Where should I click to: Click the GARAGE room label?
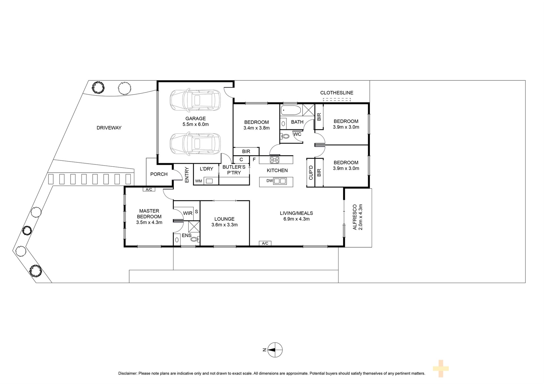tap(195, 119)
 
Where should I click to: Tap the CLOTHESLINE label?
tap(337, 93)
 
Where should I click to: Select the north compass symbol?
tap(275, 350)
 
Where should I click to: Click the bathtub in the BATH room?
tap(291, 110)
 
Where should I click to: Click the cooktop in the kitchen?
tap(275, 160)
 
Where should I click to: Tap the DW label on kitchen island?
tap(269, 181)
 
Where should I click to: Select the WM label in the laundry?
tap(199, 181)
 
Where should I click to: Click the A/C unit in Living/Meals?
tap(265, 243)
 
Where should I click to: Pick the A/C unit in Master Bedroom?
tap(149, 190)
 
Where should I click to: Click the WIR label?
tap(188, 213)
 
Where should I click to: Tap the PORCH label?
tap(159, 174)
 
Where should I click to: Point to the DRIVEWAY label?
tap(109, 128)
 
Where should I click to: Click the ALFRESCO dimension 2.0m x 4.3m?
tap(361, 217)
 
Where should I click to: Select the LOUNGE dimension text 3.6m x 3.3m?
tap(224, 225)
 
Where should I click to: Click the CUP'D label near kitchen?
tap(311, 173)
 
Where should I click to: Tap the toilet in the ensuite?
tap(195, 239)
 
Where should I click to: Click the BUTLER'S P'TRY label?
tap(234, 170)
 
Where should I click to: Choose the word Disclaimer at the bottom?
tap(127, 374)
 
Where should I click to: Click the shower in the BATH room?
tap(309, 110)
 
